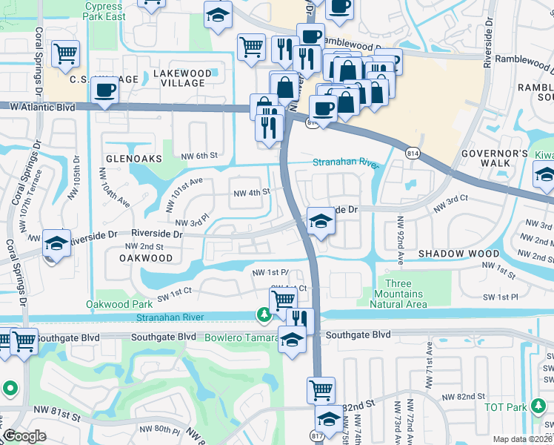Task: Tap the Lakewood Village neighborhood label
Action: [x=178, y=78]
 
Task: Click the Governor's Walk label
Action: [x=494, y=158]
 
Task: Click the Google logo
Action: [x=24, y=437]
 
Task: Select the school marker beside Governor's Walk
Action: [x=544, y=176]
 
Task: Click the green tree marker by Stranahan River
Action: [x=264, y=316]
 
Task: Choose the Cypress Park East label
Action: [x=104, y=10]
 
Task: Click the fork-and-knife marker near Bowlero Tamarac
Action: [x=299, y=319]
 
